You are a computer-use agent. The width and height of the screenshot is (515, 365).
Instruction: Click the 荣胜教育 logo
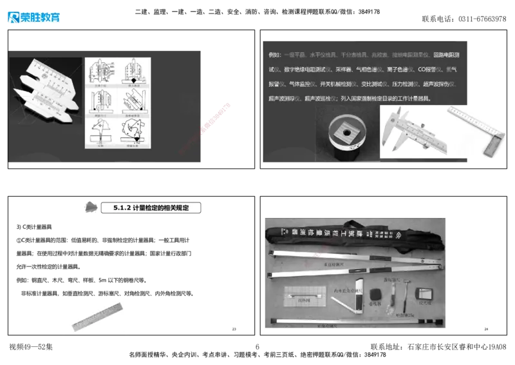click(x=33, y=17)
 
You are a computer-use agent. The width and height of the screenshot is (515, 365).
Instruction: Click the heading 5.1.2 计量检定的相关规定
click(x=151, y=208)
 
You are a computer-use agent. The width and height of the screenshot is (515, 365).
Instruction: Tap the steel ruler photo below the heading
click(x=95, y=317)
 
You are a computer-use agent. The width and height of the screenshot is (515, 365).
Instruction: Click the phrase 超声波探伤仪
click(x=438, y=84)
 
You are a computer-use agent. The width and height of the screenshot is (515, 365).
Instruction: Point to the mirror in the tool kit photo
click(x=424, y=293)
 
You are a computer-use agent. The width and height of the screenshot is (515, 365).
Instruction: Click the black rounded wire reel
click(x=377, y=294)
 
